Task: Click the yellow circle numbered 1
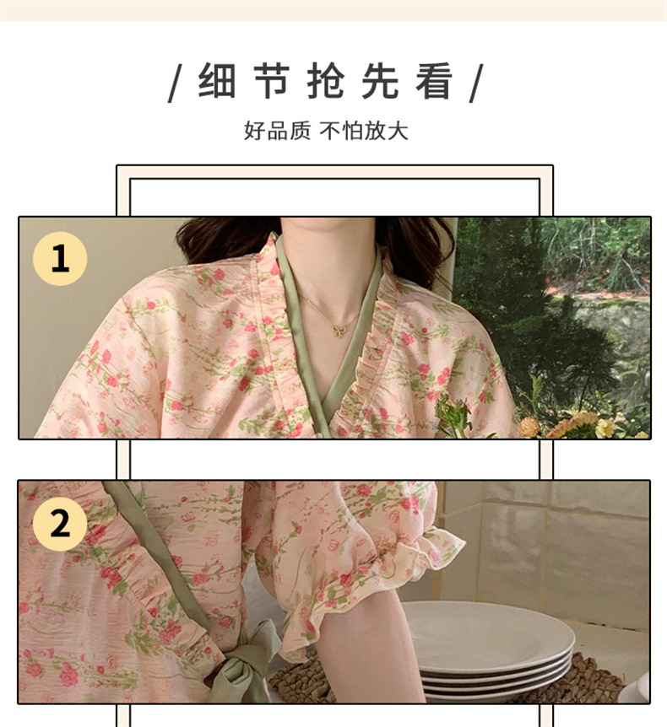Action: point(60,259)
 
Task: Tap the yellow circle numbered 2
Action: point(60,524)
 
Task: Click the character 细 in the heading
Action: point(217,81)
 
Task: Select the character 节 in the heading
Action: point(272,81)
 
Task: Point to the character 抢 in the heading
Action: point(326,81)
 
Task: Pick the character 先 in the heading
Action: point(380,81)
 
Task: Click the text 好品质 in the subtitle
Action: point(277,131)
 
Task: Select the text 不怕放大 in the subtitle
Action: point(364,131)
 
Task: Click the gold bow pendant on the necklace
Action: point(338,329)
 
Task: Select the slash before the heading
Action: point(175,83)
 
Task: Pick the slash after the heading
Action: point(476,83)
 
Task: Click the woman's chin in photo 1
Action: point(328,223)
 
